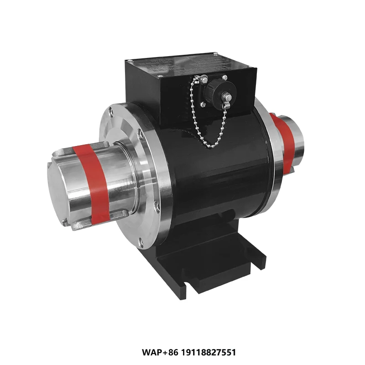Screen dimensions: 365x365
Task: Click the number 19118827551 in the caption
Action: pos(210,353)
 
